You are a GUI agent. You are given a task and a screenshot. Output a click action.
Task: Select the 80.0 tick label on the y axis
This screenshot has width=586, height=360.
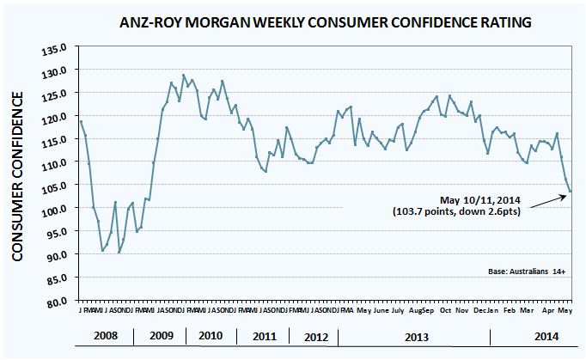[59, 302]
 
